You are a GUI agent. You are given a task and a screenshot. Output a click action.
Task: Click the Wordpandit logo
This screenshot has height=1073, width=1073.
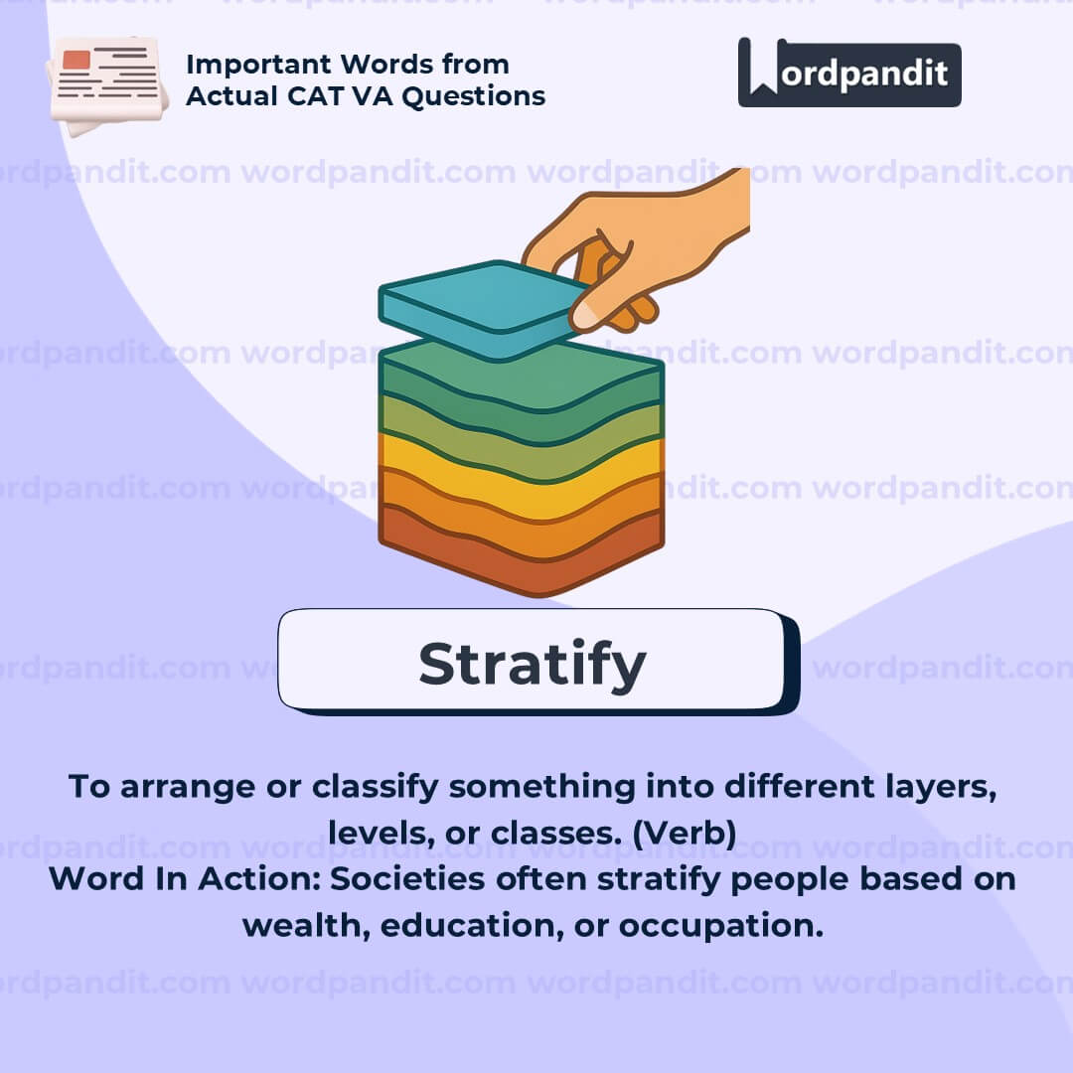(849, 73)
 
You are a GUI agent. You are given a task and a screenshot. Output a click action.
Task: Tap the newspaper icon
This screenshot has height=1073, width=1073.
(107, 85)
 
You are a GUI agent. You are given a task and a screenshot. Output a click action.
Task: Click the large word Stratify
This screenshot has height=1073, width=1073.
(533, 665)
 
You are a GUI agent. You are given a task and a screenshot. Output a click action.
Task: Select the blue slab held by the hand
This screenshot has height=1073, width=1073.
(483, 308)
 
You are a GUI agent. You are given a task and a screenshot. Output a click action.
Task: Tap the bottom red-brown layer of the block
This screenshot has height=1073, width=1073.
(520, 553)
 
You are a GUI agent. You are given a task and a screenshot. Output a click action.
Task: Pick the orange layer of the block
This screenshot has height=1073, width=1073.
(520, 515)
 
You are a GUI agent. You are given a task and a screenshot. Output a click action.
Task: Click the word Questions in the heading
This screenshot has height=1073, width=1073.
(474, 96)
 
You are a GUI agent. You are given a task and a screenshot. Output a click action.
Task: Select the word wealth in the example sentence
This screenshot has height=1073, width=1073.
(307, 925)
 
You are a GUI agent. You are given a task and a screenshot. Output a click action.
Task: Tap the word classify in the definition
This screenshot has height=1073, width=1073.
(375, 787)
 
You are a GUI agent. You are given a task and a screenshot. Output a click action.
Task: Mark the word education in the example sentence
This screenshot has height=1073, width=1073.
(472, 925)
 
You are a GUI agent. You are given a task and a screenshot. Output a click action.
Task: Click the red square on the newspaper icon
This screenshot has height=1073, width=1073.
(76, 60)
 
